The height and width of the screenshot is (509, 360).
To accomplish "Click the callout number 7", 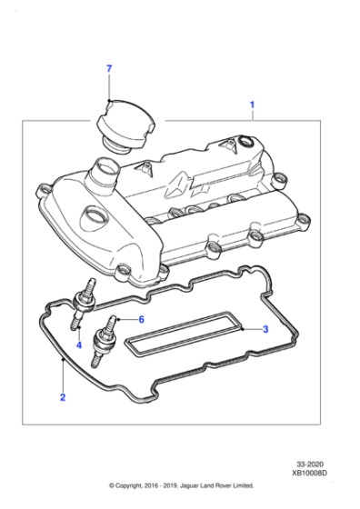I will (108, 69).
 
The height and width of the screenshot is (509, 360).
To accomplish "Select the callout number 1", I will (252, 105).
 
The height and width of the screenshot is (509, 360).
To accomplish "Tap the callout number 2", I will (62, 397).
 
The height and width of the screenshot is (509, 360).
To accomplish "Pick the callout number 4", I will (79, 344).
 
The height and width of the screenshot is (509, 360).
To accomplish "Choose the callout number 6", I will (142, 318).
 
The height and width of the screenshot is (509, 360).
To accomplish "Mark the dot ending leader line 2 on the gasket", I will (61, 362).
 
